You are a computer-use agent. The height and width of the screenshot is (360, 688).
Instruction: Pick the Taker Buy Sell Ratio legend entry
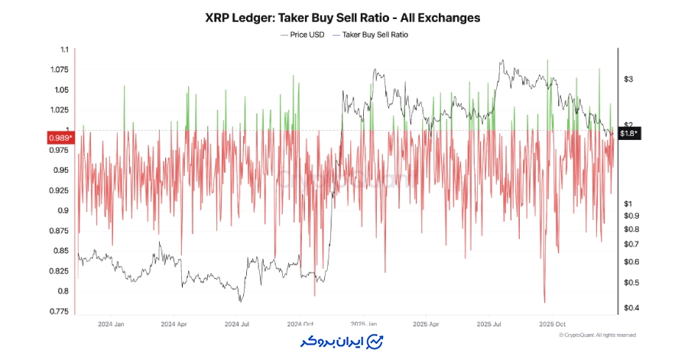[x=375, y=34]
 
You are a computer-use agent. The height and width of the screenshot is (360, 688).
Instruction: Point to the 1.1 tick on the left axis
[x=63, y=50]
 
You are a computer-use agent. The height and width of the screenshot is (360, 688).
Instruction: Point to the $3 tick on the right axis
[x=628, y=79]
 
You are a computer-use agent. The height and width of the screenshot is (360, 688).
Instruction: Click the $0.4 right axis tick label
[x=631, y=308]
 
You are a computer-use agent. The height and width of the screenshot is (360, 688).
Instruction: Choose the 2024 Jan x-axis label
[x=111, y=323]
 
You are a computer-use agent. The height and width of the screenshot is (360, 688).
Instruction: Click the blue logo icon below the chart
[x=375, y=341]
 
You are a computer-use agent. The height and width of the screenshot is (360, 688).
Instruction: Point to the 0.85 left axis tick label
[x=60, y=251]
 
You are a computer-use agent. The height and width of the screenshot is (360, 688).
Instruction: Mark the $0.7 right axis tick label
[x=631, y=245]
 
